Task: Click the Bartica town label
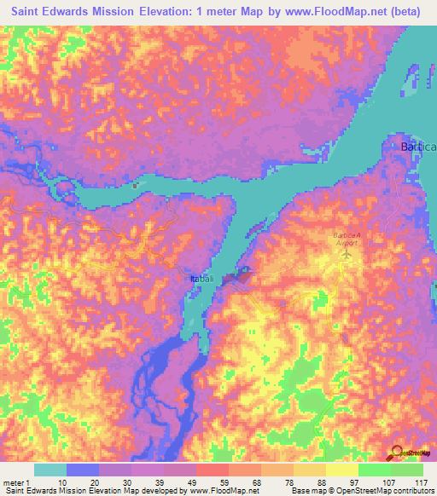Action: point(418,147)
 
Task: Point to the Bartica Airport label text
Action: point(347,238)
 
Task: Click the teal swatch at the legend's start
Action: point(50,470)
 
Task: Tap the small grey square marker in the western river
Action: point(135,183)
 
